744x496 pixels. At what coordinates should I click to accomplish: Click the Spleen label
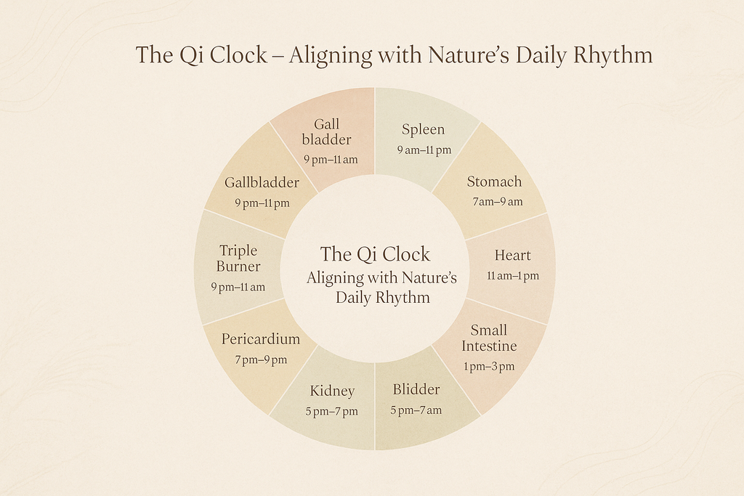coord(423,130)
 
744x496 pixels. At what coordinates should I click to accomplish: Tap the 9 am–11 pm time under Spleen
coord(424,150)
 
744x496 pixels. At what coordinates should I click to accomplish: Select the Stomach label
coord(494,181)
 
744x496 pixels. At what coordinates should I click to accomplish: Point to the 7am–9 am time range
coord(497,202)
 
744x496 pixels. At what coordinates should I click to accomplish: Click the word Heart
coord(512,255)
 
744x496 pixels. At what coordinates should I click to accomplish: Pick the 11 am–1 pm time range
coord(513,275)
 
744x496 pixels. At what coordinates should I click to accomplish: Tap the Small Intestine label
coord(489,338)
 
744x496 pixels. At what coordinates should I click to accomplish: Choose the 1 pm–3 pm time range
coord(489,366)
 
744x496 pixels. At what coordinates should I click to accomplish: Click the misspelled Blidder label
coord(416,389)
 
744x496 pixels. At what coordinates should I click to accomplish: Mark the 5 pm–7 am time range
coord(416,410)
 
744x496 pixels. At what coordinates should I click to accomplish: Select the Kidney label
coord(332,391)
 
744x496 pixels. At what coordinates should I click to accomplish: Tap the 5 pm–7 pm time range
coord(331,411)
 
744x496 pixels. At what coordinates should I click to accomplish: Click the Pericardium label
coord(261,339)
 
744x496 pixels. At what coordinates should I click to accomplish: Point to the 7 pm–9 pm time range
coord(261,359)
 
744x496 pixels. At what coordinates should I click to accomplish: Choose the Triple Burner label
coord(238,259)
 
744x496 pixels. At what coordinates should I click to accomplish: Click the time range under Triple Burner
coord(238,287)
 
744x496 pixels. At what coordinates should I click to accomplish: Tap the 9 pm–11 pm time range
coord(262,203)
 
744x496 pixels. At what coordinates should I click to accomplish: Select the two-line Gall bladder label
coord(326,132)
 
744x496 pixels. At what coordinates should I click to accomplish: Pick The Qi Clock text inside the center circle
coord(375,254)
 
